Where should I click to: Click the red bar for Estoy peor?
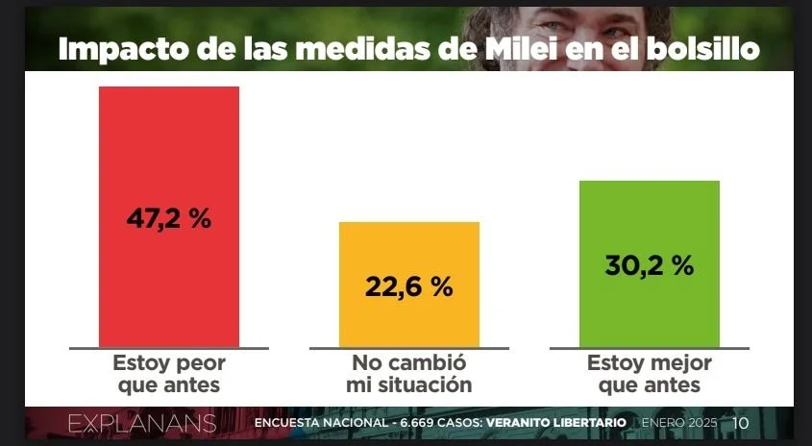pyautogui.click(x=168, y=144)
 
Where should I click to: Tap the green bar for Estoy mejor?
pyautogui.click(x=649, y=221)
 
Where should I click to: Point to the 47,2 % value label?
pyautogui.click(x=168, y=218)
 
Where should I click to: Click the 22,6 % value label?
pyautogui.click(x=408, y=285)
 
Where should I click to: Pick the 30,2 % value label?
pyautogui.click(x=649, y=265)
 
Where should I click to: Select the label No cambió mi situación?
pyautogui.click(x=408, y=375)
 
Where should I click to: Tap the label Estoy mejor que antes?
pyautogui.click(x=649, y=375)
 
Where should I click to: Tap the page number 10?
pyautogui.click(x=741, y=423)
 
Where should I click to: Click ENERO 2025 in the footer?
pyautogui.click(x=678, y=423)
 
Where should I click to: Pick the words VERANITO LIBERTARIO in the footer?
pyautogui.click(x=556, y=423)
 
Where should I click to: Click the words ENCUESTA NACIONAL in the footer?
pyautogui.click(x=316, y=423)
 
